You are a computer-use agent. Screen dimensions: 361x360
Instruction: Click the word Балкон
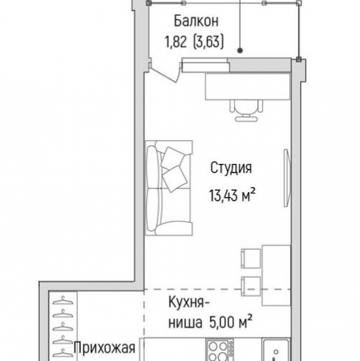(x=190, y=22)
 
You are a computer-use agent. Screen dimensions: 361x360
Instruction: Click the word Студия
(x=231, y=169)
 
